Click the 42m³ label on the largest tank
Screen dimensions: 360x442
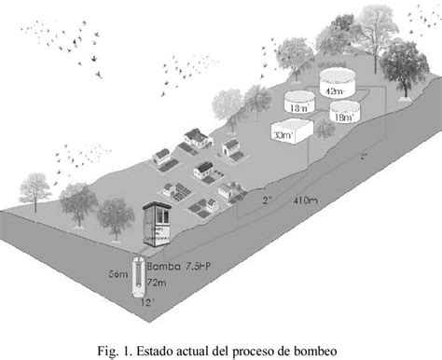(x=333, y=91)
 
